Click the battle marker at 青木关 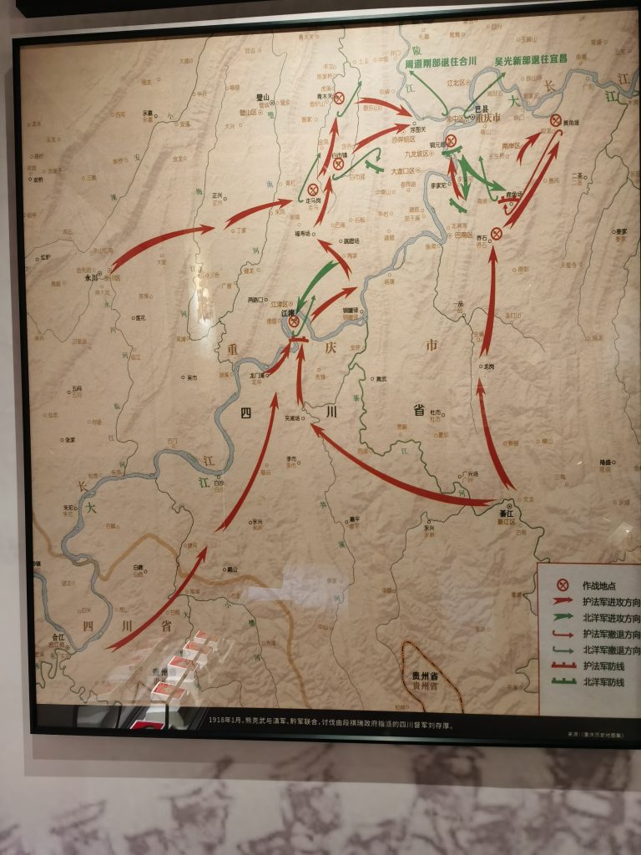point(340,98)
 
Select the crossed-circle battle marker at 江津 point(294,321)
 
